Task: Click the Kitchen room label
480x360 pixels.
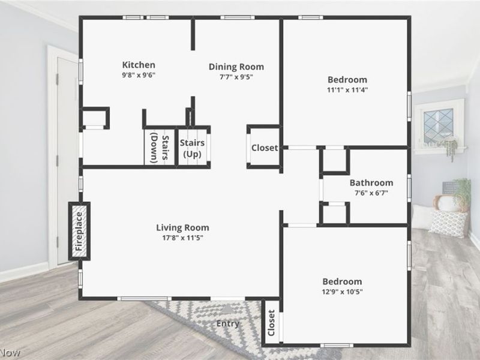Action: pyautogui.click(x=139, y=65)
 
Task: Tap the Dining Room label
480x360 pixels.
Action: pyautogui.click(x=236, y=67)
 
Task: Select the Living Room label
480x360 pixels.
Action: pyautogui.click(x=182, y=227)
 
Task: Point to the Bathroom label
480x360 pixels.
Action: pyautogui.click(x=371, y=183)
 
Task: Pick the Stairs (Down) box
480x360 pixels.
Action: pyautogui.click(x=158, y=147)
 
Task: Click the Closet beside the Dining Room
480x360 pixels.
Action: pyautogui.click(x=264, y=148)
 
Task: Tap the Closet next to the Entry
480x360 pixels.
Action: pyautogui.click(x=271, y=323)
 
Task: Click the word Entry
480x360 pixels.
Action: pyautogui.click(x=228, y=324)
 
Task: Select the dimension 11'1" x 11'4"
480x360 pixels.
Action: pyautogui.click(x=347, y=90)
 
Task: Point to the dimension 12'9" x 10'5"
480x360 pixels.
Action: pyautogui.click(x=342, y=292)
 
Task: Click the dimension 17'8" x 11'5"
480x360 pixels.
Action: pyautogui.click(x=182, y=238)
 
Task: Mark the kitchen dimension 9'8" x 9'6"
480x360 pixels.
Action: pyautogui.click(x=139, y=76)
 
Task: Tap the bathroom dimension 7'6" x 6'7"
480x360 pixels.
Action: pyautogui.click(x=371, y=193)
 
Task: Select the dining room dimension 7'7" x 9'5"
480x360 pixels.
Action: pyautogui.click(x=236, y=77)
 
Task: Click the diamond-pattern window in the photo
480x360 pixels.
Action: pyautogui.click(x=439, y=124)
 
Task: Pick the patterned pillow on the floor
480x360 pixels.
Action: pyautogui.click(x=448, y=223)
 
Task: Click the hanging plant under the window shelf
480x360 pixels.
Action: pyautogui.click(x=451, y=149)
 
